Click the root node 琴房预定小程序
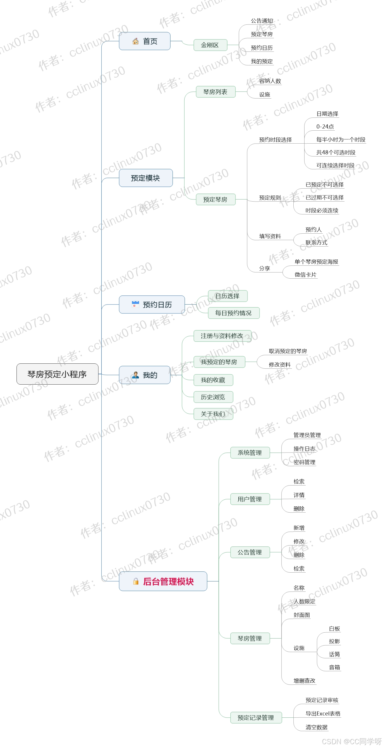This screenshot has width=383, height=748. click(57, 374)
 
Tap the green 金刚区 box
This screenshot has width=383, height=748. click(210, 45)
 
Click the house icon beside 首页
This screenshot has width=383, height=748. click(136, 41)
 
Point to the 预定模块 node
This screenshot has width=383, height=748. click(145, 178)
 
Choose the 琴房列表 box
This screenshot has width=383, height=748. click(215, 92)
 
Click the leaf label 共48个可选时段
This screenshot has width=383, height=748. click(336, 152)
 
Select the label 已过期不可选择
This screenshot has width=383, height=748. click(325, 197)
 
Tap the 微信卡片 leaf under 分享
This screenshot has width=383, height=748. click(305, 275)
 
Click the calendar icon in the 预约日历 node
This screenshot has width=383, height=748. click(136, 305)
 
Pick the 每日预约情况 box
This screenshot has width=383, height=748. click(233, 313)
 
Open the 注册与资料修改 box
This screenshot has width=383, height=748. click(222, 336)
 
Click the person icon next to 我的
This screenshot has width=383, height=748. click(136, 375)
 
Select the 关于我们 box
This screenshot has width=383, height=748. click(213, 414)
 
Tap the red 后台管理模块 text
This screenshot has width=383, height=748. click(168, 582)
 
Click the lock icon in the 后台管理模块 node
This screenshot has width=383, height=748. click(136, 581)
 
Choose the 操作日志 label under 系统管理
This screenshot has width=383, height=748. click(304, 449)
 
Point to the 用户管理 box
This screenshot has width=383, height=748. click(250, 499)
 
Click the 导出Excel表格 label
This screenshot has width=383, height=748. click(323, 714)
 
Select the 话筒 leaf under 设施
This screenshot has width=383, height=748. click(335, 654)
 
